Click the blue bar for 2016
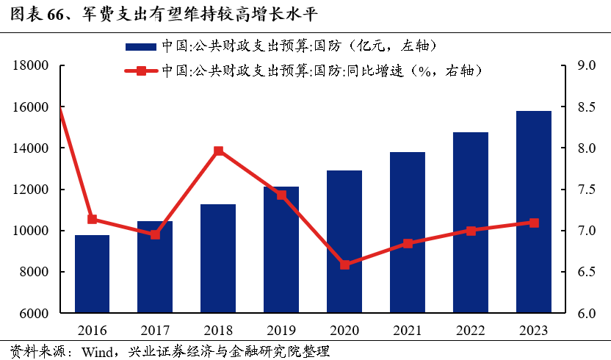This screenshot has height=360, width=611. (x=92, y=274)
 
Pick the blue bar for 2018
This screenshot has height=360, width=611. (x=218, y=259)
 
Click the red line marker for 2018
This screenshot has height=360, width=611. (x=218, y=151)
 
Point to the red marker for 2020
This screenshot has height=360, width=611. (x=344, y=264)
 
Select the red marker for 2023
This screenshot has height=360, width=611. (x=534, y=223)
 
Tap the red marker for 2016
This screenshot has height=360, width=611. (x=92, y=219)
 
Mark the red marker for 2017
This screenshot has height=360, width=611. (x=155, y=235)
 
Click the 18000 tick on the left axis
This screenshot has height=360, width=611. (x=30, y=66)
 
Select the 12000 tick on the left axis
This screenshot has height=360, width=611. (x=30, y=190)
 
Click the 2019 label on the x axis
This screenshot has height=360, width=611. (x=281, y=330)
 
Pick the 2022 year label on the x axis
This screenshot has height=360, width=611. (x=471, y=330)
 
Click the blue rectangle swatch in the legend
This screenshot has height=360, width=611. (x=140, y=46)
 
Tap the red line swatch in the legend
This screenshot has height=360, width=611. (x=140, y=71)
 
